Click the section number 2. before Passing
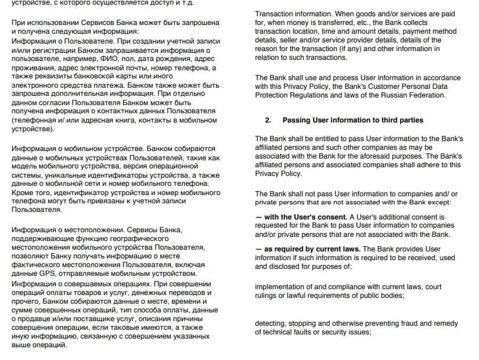click(x=268, y=120)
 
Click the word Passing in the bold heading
click(x=297, y=120)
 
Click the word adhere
click(x=420, y=165)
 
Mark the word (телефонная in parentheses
click(x=34, y=120)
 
